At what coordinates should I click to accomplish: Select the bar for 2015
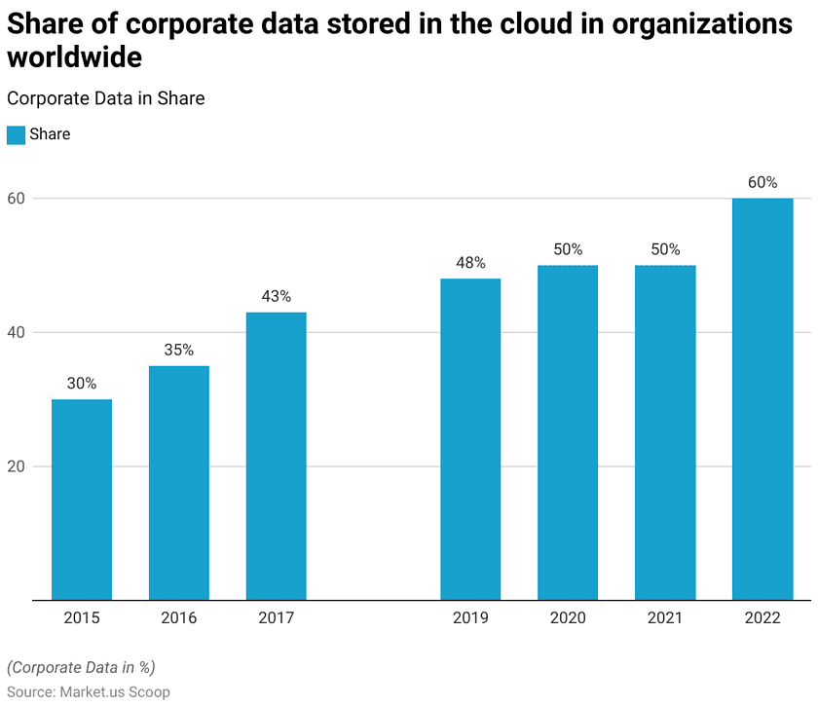pyautogui.click(x=82, y=500)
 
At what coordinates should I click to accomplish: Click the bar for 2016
pyautogui.click(x=179, y=482)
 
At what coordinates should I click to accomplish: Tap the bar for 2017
pyautogui.click(x=277, y=456)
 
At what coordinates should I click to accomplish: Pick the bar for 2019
pyautogui.click(x=470, y=439)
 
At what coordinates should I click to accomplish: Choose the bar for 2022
pyautogui.click(x=762, y=399)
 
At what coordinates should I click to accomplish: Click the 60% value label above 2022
pyautogui.click(x=762, y=182)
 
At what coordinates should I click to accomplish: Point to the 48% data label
pyautogui.click(x=470, y=263)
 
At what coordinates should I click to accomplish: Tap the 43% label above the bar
pyautogui.click(x=277, y=296)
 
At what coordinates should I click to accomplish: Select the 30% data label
pyautogui.click(x=82, y=384)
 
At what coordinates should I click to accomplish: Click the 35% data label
pyautogui.click(x=179, y=350)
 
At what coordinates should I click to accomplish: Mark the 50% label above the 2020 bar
pyautogui.click(x=568, y=249)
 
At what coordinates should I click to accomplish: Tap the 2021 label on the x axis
pyautogui.click(x=665, y=617)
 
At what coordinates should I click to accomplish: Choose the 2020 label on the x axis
pyautogui.click(x=568, y=617)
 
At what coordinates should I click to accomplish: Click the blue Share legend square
pyautogui.click(x=16, y=134)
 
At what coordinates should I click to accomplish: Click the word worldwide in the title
pyautogui.click(x=75, y=57)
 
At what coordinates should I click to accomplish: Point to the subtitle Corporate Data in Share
pyautogui.click(x=105, y=98)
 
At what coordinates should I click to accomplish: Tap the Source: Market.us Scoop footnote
pyautogui.click(x=89, y=691)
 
